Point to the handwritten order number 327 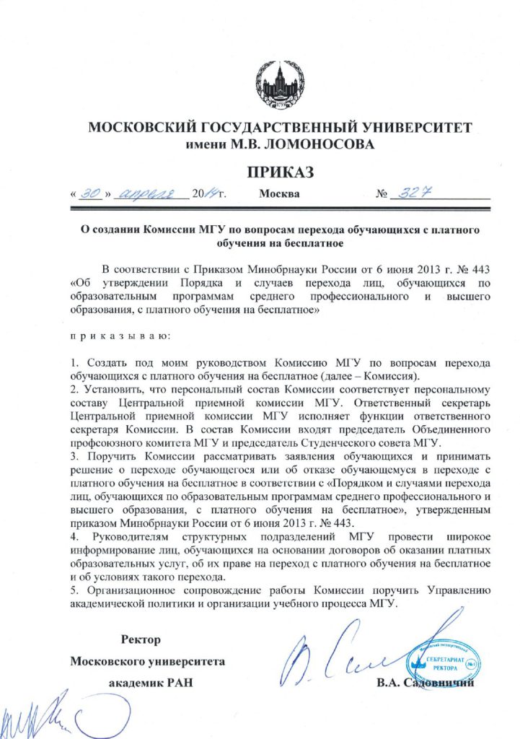408,193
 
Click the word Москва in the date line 279,195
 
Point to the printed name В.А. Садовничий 425,683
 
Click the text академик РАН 150,683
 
